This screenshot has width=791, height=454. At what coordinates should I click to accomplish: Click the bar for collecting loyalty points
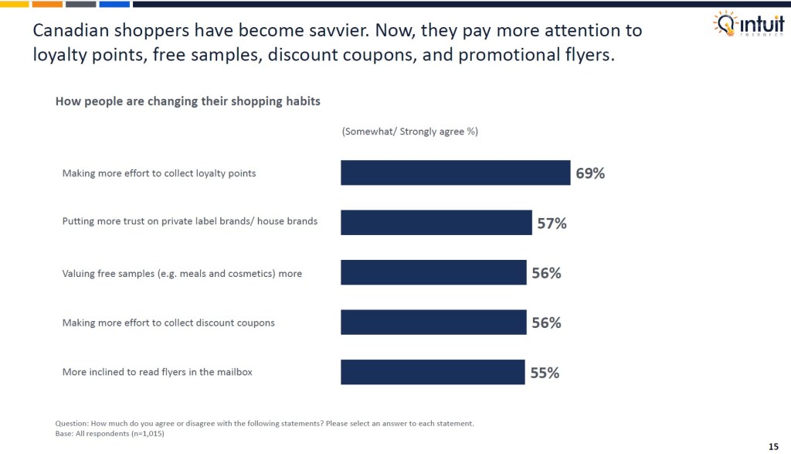(455, 172)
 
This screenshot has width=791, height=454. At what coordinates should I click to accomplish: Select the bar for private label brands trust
(436, 223)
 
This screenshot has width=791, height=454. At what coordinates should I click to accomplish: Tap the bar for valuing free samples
(433, 272)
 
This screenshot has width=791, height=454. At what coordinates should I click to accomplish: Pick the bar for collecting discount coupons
(433, 323)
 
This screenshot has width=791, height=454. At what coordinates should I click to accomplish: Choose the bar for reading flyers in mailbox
(433, 372)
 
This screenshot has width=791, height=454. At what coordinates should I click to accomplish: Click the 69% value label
(590, 173)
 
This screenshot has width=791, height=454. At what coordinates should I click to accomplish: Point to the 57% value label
(552, 224)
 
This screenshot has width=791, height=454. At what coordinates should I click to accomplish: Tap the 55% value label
(545, 373)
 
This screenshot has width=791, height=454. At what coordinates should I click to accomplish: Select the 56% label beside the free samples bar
(546, 273)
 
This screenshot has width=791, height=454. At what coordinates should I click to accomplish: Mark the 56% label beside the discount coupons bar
(546, 323)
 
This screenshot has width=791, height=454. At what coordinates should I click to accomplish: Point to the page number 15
(773, 446)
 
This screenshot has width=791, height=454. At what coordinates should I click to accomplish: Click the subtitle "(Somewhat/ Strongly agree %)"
(409, 131)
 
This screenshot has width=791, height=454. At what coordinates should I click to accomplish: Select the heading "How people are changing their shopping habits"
(188, 101)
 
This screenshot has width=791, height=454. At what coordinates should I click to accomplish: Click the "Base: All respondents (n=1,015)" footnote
(110, 433)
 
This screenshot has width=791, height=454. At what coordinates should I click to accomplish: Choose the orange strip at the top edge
(47, 3)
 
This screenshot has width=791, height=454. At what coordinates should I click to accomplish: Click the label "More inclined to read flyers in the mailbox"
(157, 372)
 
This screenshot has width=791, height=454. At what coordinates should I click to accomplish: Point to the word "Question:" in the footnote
(72, 423)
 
